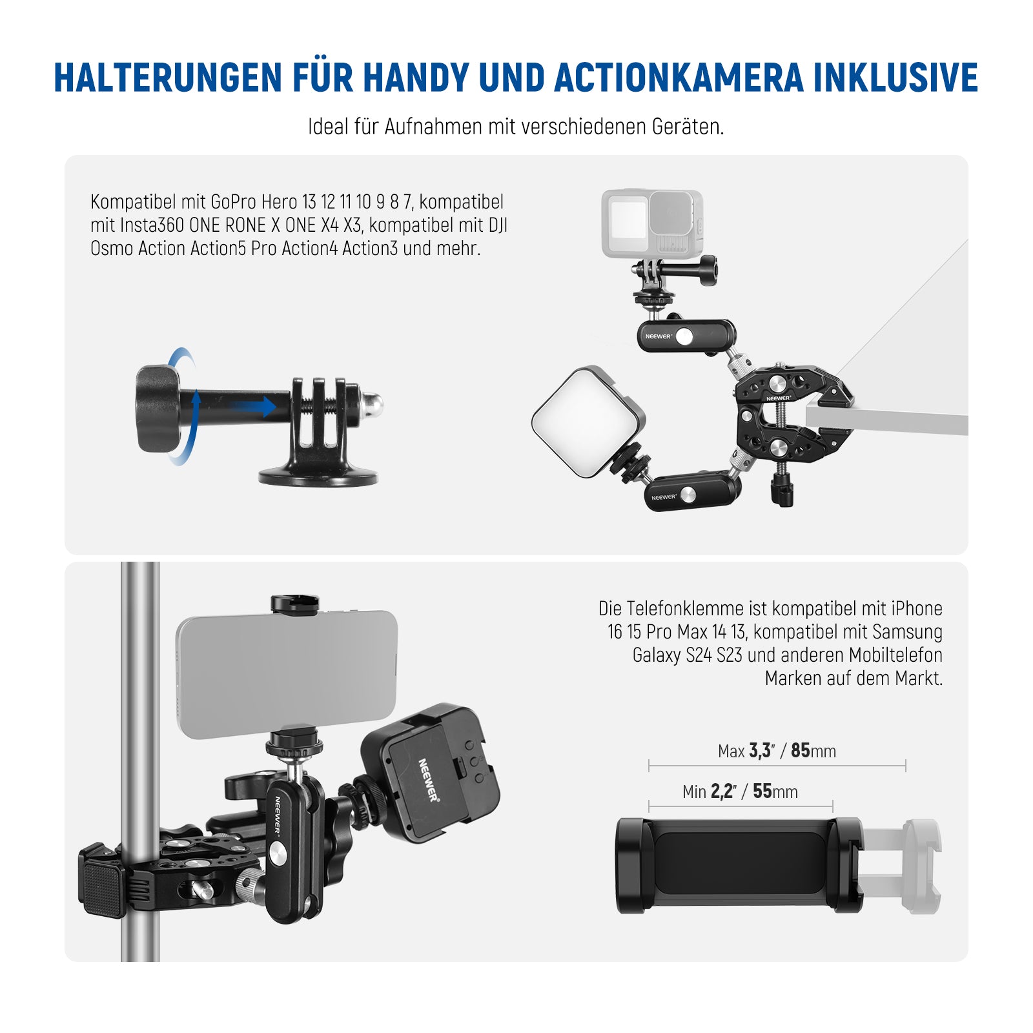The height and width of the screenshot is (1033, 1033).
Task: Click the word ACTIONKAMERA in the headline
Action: [679, 78]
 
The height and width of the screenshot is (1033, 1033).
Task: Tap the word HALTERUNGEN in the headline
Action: [169, 78]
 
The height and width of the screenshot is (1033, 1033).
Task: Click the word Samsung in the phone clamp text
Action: [907, 632]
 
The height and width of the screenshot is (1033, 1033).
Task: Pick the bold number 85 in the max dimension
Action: [801, 750]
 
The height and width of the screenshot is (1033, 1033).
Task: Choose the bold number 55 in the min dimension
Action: [762, 791]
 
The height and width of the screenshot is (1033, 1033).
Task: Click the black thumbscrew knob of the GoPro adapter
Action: [158, 409]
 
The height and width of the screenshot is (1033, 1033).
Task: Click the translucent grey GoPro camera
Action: [652, 223]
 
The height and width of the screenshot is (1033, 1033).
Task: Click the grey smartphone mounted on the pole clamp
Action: [287, 674]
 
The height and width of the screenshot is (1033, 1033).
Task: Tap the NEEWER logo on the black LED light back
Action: [427, 780]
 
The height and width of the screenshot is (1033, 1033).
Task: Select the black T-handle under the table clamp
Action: [782, 487]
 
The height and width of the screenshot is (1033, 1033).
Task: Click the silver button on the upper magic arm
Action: [684, 336]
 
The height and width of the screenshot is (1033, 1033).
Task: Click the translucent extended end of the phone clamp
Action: [901, 865]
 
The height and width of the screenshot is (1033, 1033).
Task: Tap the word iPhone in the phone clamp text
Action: [917, 608]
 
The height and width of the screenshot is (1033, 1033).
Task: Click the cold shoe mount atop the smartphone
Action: [295, 604]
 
